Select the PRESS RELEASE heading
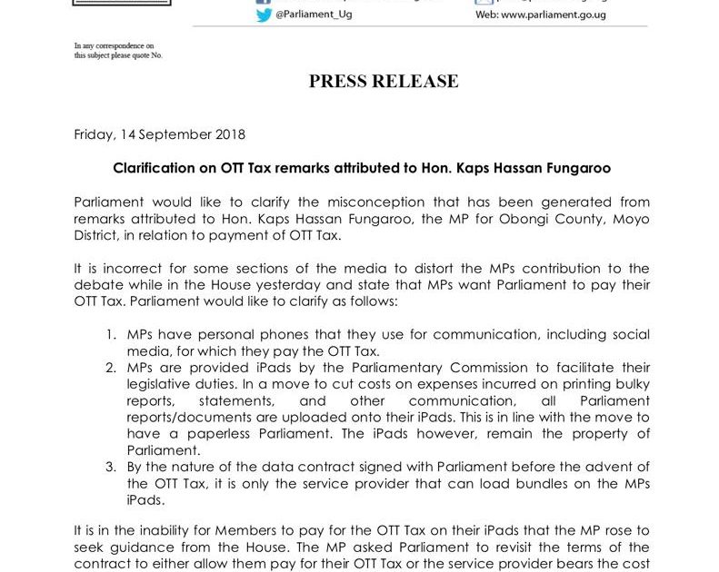click(384, 82)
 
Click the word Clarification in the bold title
click(152, 169)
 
